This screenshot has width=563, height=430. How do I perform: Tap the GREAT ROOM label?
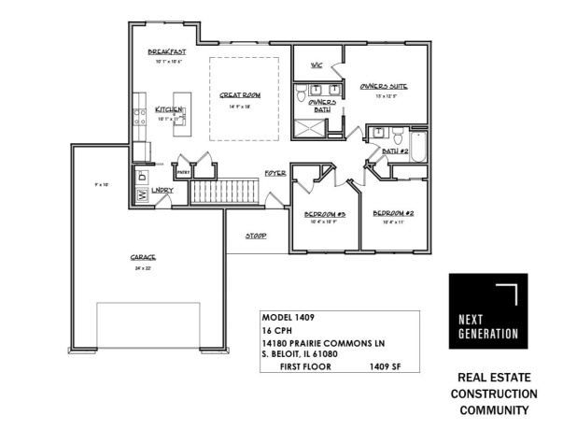(240, 95)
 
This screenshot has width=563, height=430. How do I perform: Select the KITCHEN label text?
(168, 109)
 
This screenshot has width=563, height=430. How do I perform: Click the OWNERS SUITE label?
(386, 84)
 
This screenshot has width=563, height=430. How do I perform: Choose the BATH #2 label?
(397, 150)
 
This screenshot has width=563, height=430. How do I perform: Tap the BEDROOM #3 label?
(325, 215)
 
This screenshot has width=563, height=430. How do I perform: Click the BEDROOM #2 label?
(393, 214)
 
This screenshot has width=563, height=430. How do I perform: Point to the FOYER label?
(274, 174)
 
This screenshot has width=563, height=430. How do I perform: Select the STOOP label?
(257, 236)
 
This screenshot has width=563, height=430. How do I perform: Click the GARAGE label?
(143, 257)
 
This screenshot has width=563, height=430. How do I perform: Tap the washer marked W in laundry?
(142, 195)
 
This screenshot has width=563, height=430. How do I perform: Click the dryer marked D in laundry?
(142, 175)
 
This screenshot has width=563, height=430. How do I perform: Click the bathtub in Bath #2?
(416, 147)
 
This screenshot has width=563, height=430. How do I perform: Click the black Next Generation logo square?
(487, 310)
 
